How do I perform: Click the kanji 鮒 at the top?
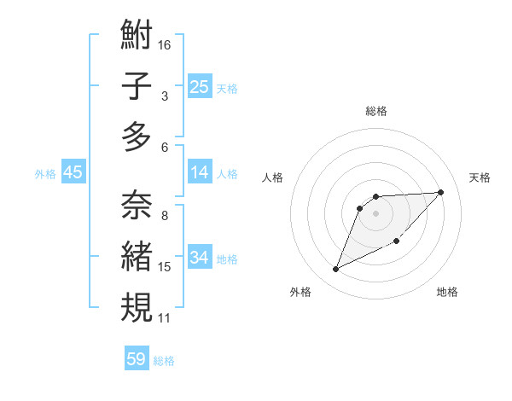[137, 36]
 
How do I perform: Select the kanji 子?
[137, 85]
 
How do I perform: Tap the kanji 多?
[137, 137]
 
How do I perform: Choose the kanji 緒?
[137, 256]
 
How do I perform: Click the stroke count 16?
[166, 44]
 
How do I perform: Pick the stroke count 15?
[165, 267]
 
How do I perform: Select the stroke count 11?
[165, 318]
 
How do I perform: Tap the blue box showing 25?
[200, 86]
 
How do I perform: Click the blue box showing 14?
[200, 172]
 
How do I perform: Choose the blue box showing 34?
[200, 258]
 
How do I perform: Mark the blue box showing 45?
[73, 172]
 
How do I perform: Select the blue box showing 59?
[137, 359]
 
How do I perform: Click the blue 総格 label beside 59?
[164, 361]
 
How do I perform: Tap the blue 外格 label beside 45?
[45, 174]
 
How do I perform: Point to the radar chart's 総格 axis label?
[375, 111]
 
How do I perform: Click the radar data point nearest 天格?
[440, 192]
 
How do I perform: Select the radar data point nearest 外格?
[335, 270]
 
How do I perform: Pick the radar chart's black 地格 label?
[447, 292]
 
